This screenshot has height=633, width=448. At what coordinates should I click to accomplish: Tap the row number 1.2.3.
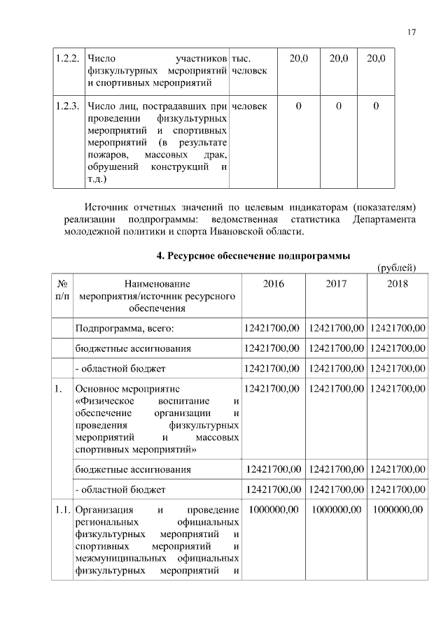[67, 106]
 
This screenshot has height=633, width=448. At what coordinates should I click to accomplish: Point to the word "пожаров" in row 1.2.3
[106, 154]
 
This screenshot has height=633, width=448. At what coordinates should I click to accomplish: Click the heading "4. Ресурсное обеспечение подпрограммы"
[253, 256]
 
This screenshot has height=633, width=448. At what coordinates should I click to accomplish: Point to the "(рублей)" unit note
[398, 268]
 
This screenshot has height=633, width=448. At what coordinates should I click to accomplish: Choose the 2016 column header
[273, 284]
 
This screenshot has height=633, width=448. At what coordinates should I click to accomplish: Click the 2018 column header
[396, 284]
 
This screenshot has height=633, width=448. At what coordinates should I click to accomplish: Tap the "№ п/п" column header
[62, 290]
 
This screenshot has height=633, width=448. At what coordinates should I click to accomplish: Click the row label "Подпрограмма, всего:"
[124, 328]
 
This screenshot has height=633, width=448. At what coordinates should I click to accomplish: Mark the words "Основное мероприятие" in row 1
[127, 388]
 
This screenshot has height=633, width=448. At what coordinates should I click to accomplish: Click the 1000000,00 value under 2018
[398, 509]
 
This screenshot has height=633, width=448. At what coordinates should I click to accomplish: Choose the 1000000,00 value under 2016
[274, 509]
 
